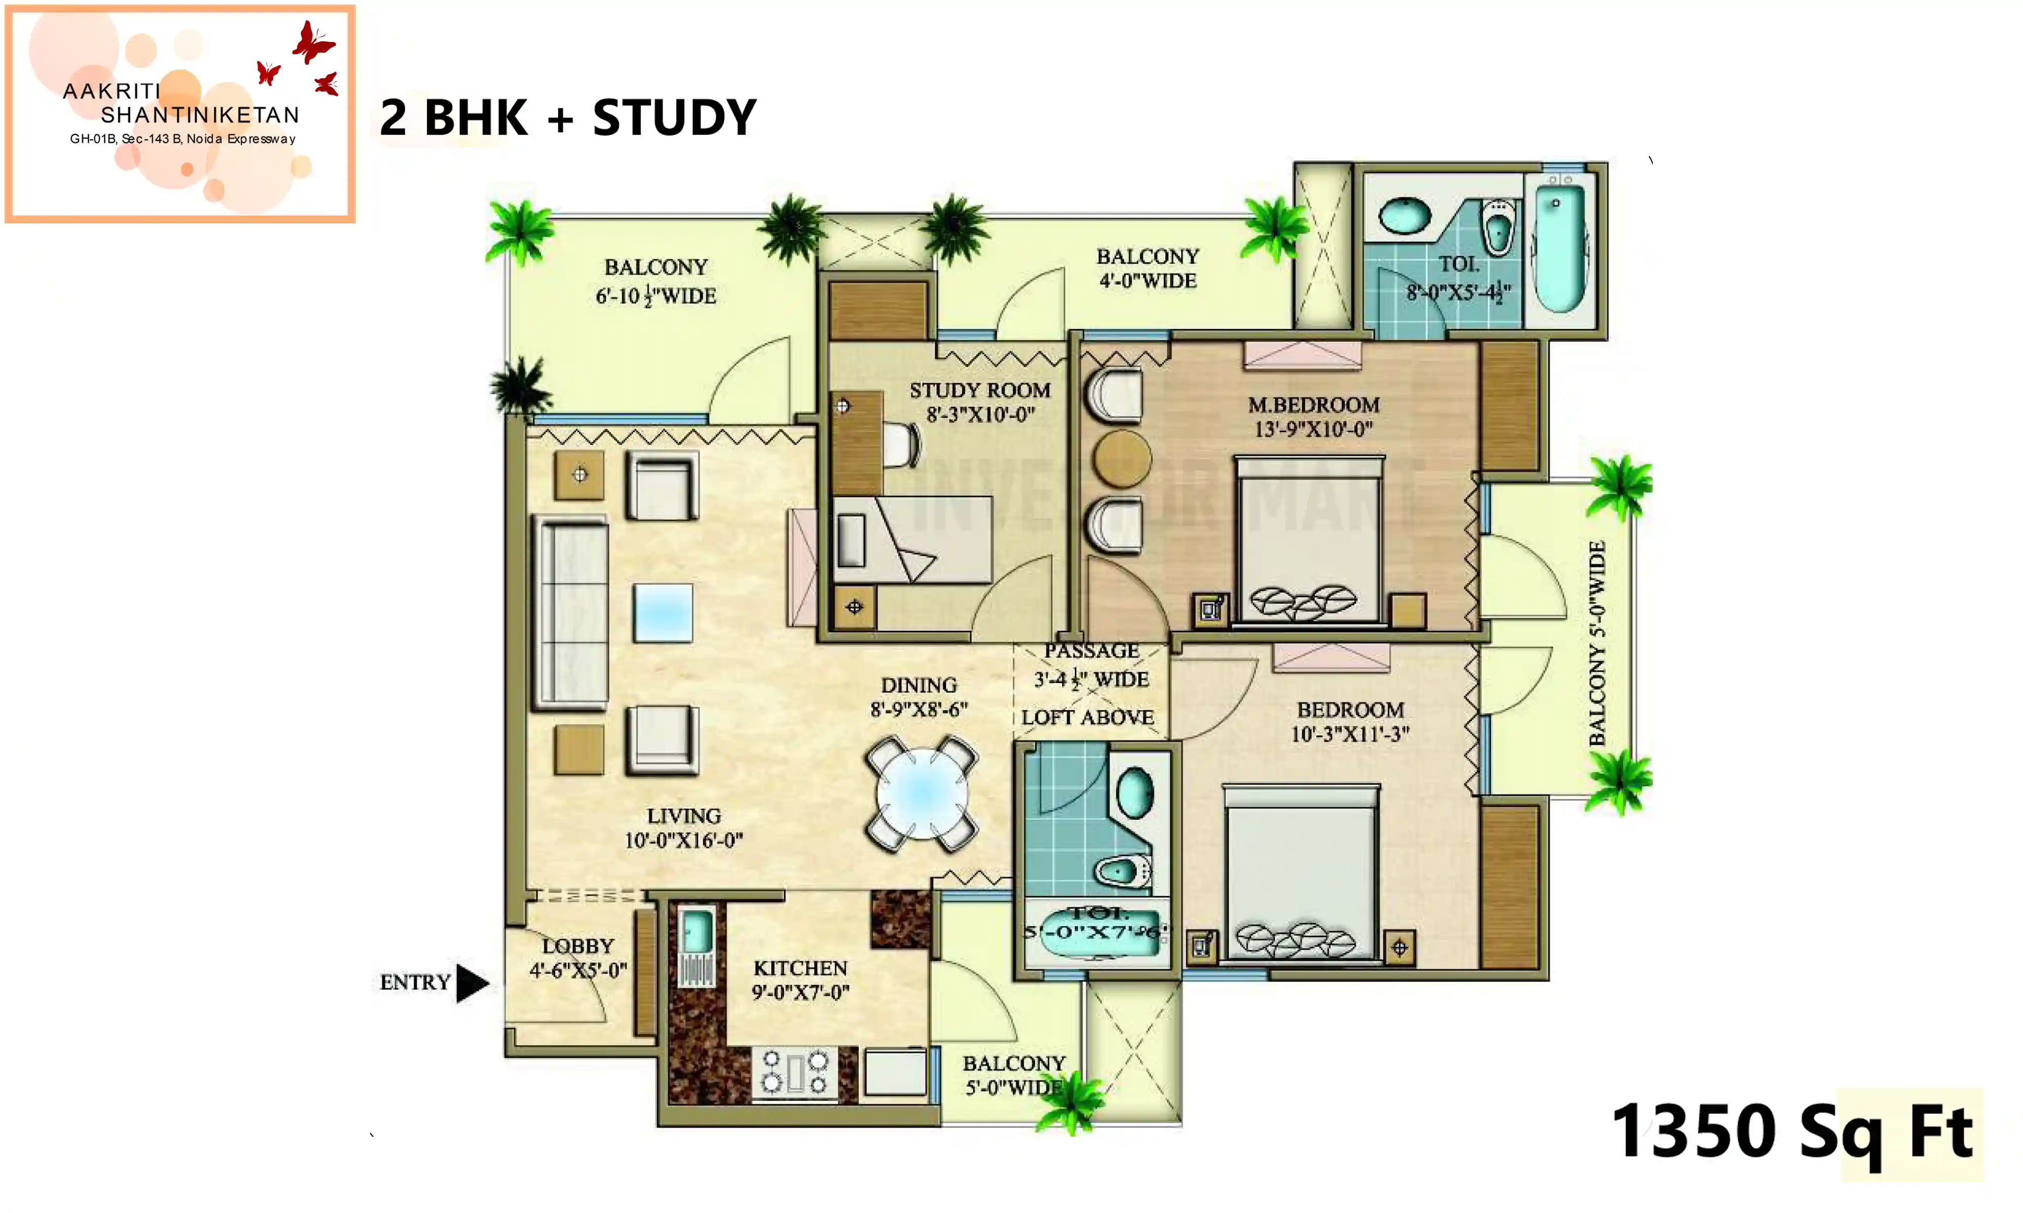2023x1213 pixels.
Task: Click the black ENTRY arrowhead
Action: click(x=471, y=983)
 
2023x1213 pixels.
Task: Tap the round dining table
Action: click(x=921, y=793)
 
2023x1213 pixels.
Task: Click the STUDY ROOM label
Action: click(x=980, y=391)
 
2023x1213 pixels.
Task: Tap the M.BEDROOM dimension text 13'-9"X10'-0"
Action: click(x=1313, y=428)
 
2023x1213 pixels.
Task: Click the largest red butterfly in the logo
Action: click(x=313, y=42)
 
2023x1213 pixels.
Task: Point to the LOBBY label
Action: click(x=577, y=946)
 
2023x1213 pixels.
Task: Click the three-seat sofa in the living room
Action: click(x=571, y=613)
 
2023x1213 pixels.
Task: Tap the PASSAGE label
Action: click(x=1091, y=650)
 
